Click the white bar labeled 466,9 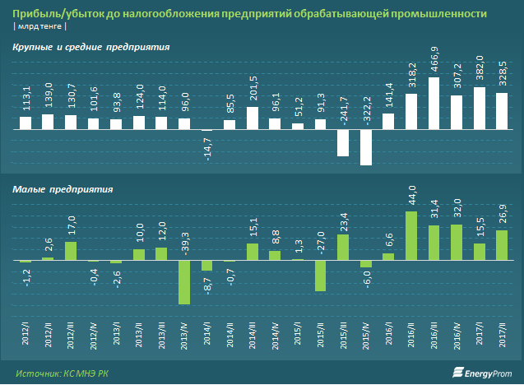coord(434,104)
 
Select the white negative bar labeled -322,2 coord(366,148)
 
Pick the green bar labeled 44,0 coord(411,236)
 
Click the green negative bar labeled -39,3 coord(184,282)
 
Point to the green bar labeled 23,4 coord(343,248)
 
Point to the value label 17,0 coord(72,225)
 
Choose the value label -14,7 coord(207,149)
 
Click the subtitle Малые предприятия coord(63,188)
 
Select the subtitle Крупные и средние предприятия coord(91,49)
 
